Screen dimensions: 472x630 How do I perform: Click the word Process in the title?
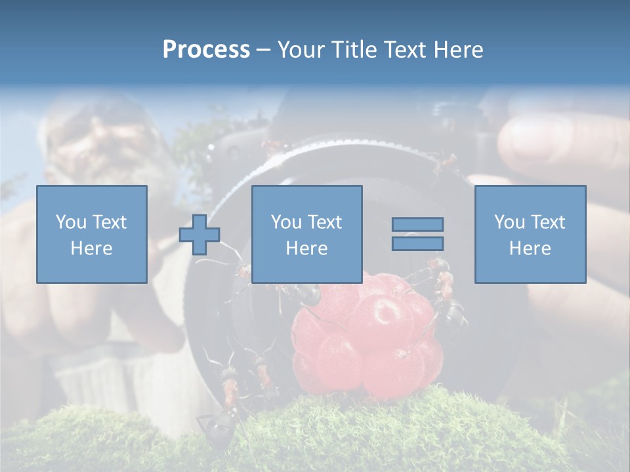click(206, 50)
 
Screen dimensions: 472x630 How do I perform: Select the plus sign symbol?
click(199, 235)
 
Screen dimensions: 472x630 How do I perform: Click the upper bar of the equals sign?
click(417, 224)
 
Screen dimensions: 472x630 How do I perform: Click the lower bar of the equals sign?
click(417, 243)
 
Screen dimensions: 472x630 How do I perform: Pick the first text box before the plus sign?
click(91, 234)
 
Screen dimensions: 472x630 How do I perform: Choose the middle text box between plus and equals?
click(306, 234)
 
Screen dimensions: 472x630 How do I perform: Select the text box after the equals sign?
click(530, 234)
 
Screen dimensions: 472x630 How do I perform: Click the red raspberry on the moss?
click(367, 341)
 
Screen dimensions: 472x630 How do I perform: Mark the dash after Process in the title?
click(263, 50)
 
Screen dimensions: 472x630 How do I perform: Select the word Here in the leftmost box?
click(91, 248)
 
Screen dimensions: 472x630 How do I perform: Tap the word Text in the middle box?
click(325, 222)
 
